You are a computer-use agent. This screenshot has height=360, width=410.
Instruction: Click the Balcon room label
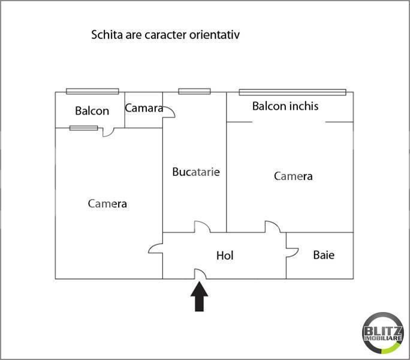92,111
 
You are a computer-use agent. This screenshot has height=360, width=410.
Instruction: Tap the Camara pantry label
144,108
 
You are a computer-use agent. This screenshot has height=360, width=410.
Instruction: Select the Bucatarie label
196,172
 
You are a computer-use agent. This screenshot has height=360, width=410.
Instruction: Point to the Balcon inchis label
285,106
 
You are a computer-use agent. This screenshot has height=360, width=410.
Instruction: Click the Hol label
225,256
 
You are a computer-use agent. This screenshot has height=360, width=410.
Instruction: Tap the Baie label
324,255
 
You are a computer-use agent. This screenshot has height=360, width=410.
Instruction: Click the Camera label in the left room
107,203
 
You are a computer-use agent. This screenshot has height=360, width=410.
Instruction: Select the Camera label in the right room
293,176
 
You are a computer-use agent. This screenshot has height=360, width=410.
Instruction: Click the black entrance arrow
199,296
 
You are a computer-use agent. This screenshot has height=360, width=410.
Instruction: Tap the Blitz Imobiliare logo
383,332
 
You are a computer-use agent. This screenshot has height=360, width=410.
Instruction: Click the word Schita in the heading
107,35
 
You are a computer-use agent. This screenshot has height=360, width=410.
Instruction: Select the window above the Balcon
92,91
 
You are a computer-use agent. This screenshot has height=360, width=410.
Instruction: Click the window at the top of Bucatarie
194,91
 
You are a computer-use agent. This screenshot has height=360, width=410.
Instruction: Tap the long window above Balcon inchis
293,92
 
